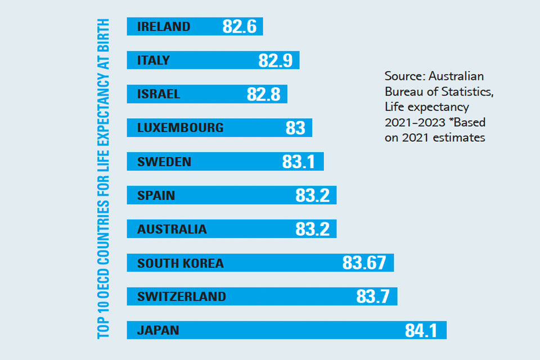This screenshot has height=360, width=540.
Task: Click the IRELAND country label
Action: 164,26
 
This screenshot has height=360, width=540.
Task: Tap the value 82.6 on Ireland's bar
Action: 240,26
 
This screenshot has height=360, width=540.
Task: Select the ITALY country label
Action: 154,60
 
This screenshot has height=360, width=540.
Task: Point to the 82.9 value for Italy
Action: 276,60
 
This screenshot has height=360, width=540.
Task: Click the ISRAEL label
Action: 159,94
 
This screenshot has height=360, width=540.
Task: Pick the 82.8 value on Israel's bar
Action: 264,94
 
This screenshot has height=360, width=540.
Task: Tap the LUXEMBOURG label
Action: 181,128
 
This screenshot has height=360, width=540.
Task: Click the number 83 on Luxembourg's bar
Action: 295,128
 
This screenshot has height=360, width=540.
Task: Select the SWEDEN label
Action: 164,161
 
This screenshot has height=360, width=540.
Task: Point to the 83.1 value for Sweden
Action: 298,161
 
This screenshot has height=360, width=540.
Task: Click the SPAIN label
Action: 156,195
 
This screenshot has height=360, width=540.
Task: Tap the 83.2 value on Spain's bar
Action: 312,195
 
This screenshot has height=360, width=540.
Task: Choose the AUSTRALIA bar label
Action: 172,229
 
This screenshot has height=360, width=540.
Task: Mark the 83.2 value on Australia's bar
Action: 312,229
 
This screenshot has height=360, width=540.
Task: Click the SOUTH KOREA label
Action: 181,263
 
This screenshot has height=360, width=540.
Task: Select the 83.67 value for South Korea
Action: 364,263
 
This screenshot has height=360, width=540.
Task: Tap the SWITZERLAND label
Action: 182,296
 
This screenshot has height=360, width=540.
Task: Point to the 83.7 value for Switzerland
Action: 373,296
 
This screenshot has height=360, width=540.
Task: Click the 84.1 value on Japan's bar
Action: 421,330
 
